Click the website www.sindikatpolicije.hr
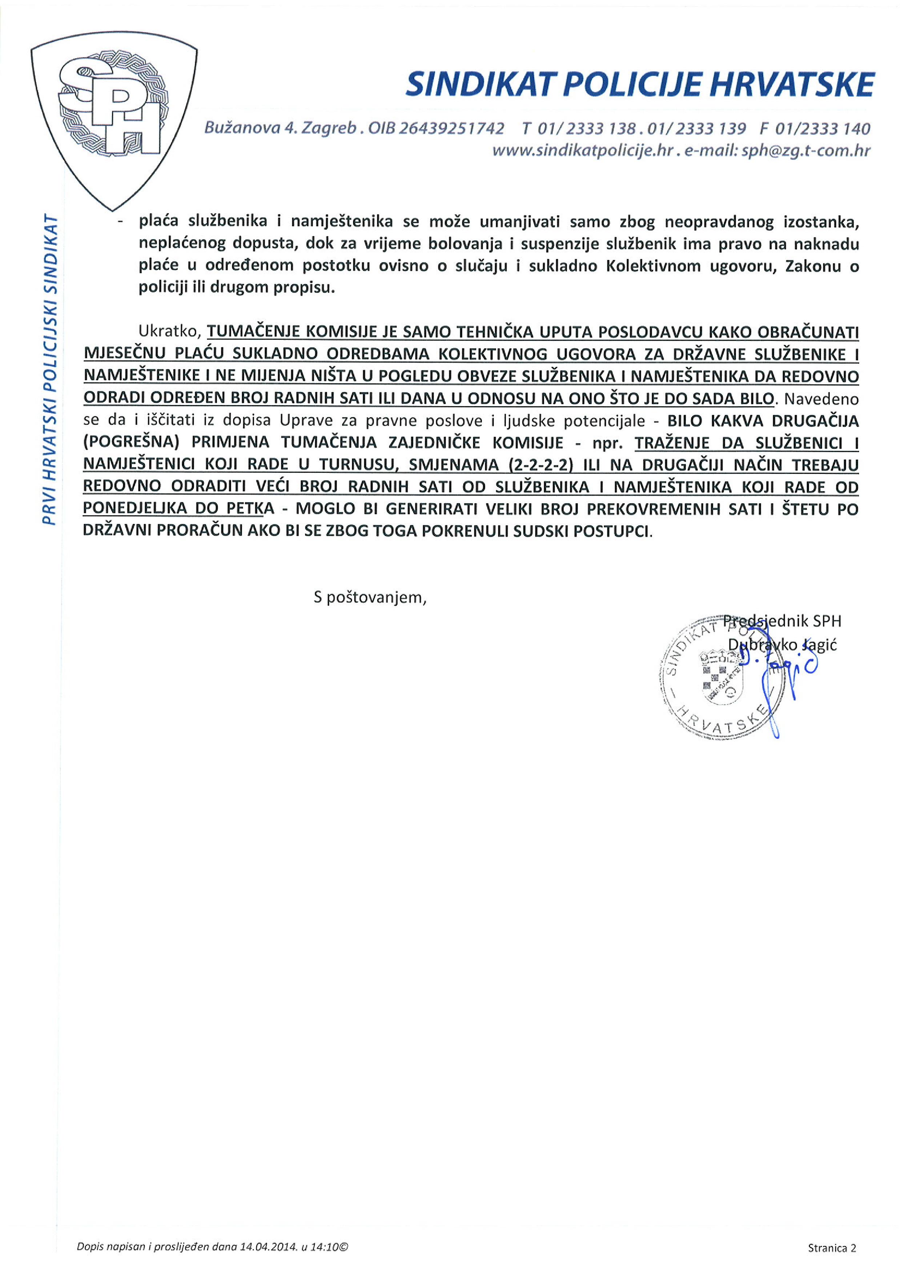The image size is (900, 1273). pos(582,151)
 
